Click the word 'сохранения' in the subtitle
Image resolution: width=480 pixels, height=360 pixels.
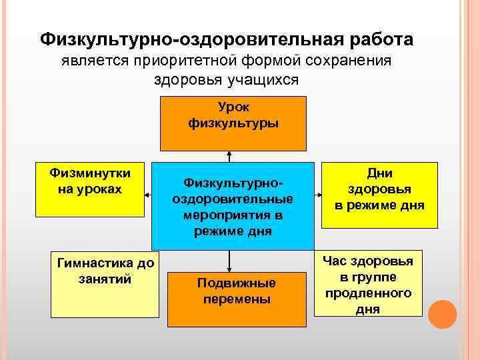351,61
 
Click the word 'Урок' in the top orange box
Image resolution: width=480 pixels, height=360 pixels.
233,107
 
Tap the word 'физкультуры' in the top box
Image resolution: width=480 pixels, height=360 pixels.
233,123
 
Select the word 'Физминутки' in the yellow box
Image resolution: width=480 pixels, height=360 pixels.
90,173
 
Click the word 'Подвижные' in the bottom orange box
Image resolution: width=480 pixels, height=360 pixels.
236,283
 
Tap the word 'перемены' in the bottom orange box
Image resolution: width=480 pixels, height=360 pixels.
237,299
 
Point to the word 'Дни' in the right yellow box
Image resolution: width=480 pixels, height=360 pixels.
380,173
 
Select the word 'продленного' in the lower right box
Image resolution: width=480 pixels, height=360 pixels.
369,293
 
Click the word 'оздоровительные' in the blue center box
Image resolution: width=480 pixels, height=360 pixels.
233,199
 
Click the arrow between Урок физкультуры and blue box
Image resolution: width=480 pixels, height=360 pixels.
229,156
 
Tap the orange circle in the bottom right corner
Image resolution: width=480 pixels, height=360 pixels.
442,313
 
